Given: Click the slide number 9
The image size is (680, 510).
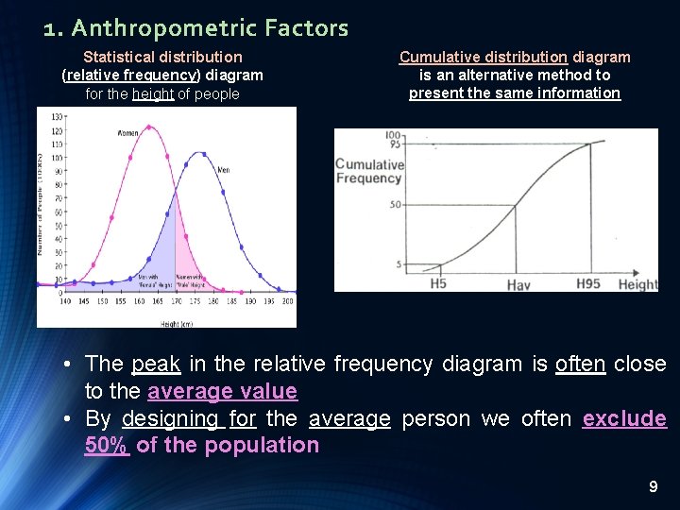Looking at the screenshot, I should tap(653, 487).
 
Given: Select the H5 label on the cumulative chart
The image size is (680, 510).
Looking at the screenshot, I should tap(438, 283).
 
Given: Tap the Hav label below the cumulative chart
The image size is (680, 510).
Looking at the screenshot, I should tap(518, 284).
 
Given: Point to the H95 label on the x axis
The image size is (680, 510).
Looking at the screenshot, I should tap(588, 283).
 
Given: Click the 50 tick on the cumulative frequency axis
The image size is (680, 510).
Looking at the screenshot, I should tap(396, 205).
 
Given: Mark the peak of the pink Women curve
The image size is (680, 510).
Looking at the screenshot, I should tap(148, 126).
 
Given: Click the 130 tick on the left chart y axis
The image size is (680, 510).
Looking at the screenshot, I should tap(56, 116).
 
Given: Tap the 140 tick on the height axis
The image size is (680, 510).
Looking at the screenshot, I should tap(64, 300).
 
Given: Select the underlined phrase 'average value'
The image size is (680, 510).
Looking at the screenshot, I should tap(222, 391).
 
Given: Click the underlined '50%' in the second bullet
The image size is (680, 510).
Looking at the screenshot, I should tap(107, 445).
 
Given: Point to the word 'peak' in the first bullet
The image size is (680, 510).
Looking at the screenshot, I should tap(156, 364).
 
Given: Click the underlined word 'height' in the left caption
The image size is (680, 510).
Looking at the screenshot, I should tap(154, 93).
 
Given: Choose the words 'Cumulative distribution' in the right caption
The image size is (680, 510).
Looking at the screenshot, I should tap(483, 57).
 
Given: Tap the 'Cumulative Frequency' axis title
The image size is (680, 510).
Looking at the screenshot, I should tap(369, 171).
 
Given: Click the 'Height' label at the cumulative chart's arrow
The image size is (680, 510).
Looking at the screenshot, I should tap(637, 284).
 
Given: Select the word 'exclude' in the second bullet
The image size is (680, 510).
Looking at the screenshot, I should tap(624, 418).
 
